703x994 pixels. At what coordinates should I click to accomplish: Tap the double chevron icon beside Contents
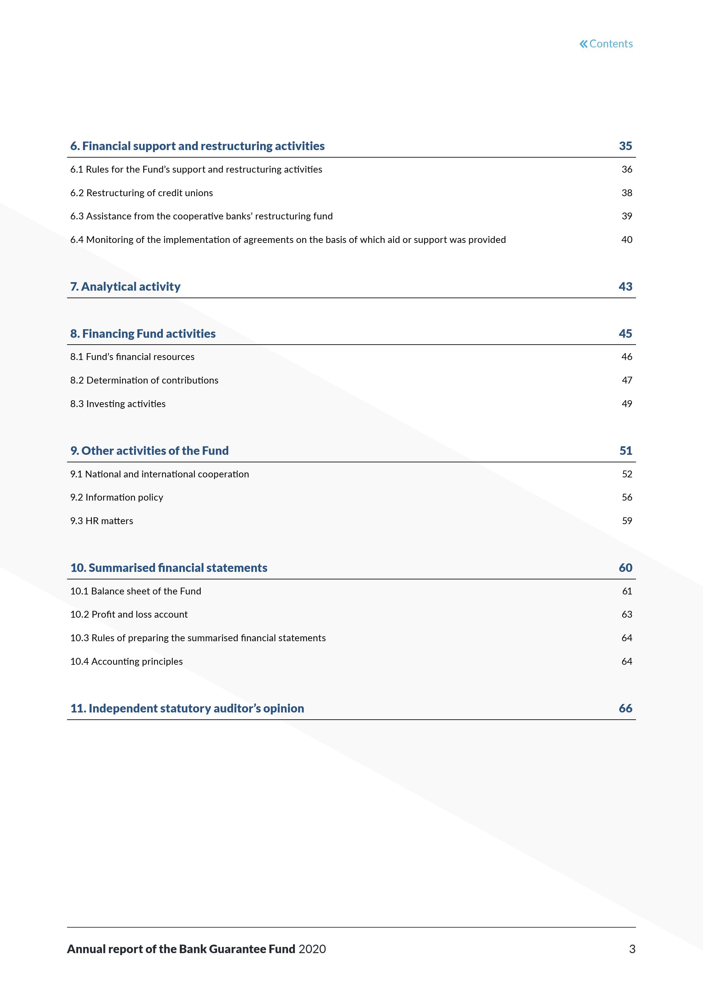tap(584, 44)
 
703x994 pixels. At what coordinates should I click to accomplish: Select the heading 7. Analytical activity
tap(125, 287)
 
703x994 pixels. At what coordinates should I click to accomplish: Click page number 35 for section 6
tap(625, 146)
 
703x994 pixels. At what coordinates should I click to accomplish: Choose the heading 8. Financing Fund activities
tap(143, 334)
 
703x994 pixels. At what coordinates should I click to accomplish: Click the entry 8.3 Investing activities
tap(118, 404)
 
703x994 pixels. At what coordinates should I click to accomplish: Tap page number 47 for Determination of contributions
tap(626, 381)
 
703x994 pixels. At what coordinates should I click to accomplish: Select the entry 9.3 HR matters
tap(102, 521)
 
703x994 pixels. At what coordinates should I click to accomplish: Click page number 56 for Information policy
tap(626, 497)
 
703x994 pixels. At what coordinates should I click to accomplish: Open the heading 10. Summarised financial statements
tap(169, 568)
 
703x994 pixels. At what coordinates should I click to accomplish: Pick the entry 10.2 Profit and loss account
tap(129, 615)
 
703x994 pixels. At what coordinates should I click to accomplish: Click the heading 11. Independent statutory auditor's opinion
tap(187, 709)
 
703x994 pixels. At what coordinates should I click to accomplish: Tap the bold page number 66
tap(625, 709)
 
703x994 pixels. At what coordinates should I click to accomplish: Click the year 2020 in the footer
tap(312, 949)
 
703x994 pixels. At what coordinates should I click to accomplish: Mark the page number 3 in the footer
tap(632, 949)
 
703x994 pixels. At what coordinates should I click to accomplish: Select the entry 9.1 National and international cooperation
tap(159, 474)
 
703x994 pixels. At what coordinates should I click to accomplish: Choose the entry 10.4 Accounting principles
tap(127, 661)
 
